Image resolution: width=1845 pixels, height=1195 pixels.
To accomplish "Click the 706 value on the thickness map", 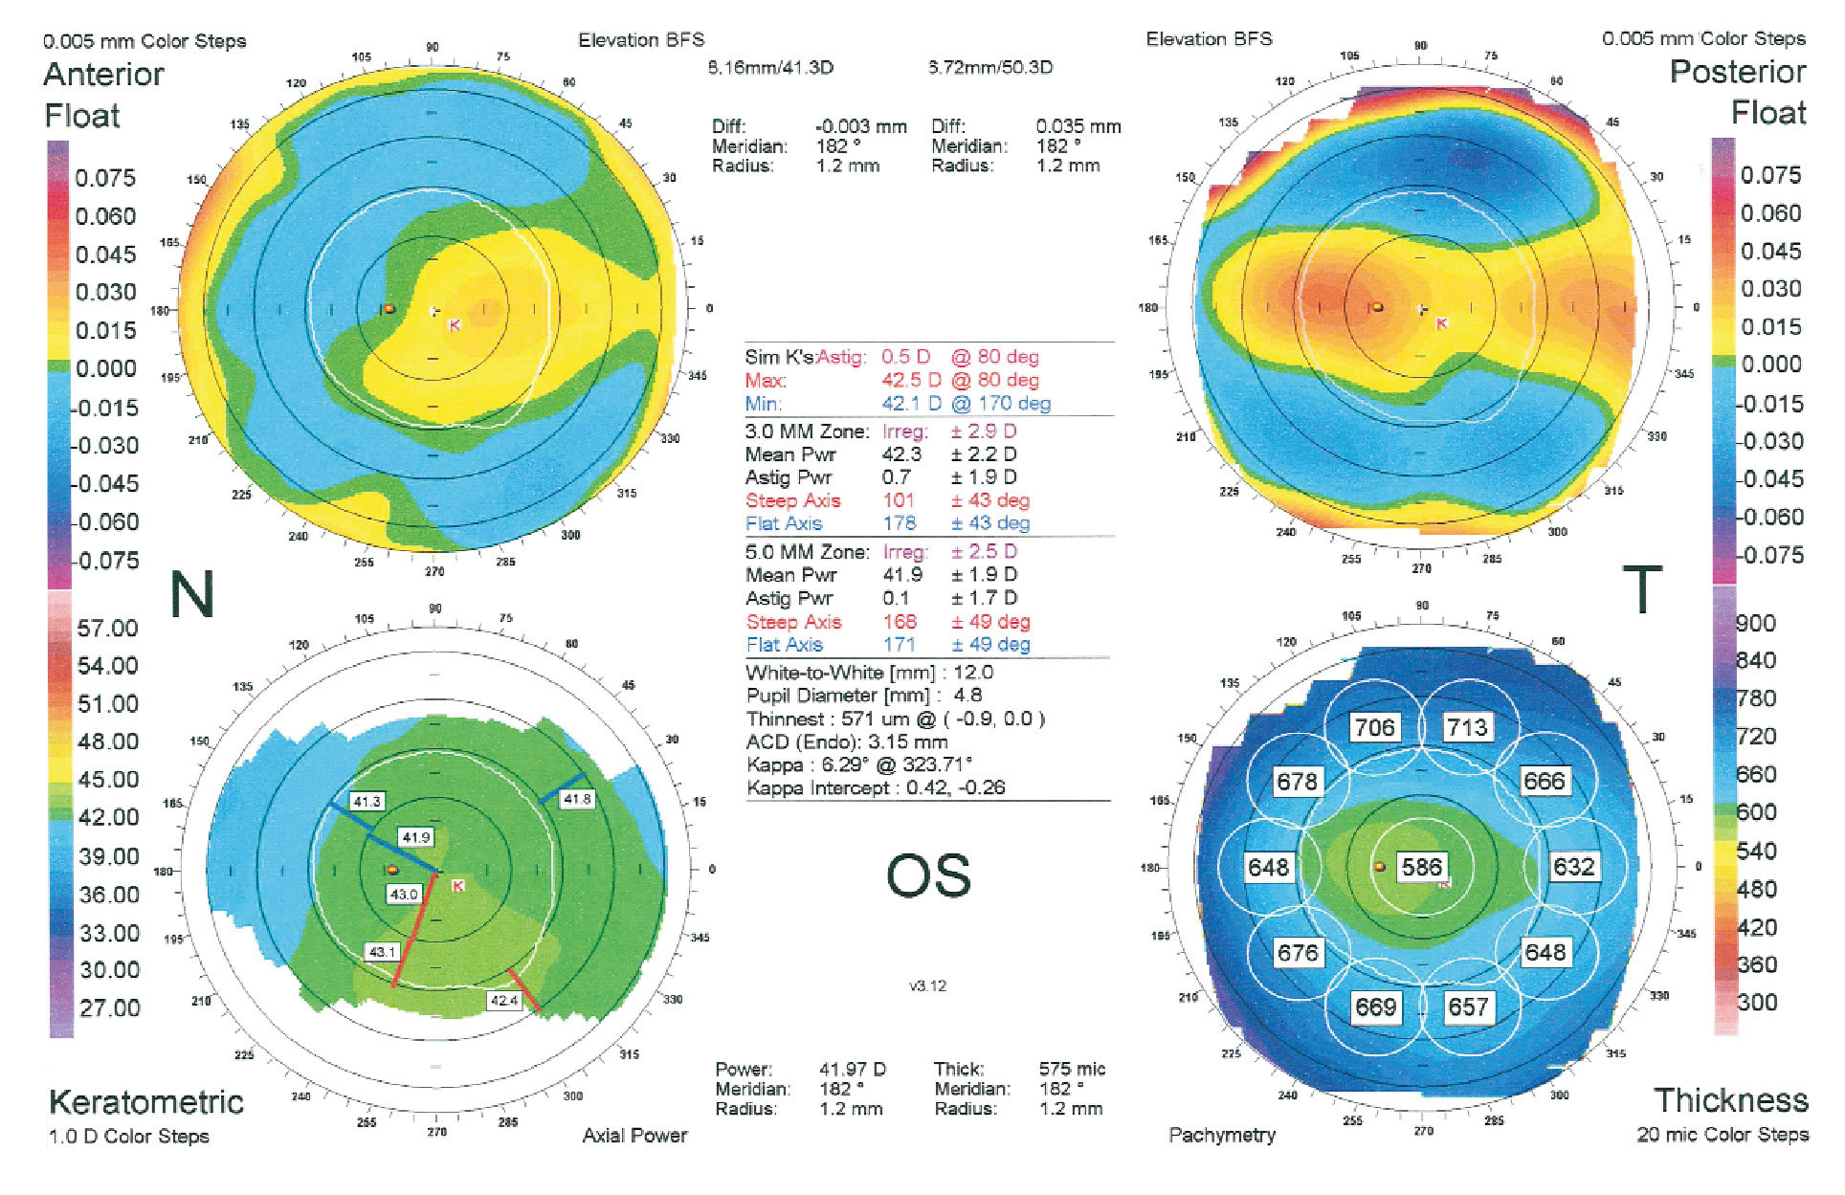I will (x=1374, y=727).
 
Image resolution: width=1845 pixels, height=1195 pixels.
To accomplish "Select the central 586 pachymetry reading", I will (x=1421, y=867).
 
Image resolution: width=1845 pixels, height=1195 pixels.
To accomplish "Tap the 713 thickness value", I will (x=1467, y=727).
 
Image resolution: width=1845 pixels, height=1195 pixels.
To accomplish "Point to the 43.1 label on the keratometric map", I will (x=382, y=952).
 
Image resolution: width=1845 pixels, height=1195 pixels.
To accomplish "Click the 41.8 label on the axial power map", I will (x=577, y=799).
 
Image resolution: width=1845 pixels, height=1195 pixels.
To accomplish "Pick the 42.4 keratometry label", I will (x=503, y=1001).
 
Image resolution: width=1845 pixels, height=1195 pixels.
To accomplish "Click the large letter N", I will (x=191, y=594).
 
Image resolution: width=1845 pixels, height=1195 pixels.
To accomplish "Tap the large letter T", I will (x=1642, y=589).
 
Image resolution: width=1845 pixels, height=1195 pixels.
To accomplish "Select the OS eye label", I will (x=928, y=875).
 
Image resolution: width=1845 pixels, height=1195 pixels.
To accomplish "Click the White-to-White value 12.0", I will (x=973, y=673).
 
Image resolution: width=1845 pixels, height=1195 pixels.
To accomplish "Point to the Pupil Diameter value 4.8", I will (x=967, y=696).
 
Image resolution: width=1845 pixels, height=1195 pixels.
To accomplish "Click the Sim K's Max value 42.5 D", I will (x=911, y=380).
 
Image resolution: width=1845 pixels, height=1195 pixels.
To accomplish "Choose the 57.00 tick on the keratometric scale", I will (x=107, y=628).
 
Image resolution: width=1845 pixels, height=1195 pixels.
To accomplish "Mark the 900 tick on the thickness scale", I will (x=1756, y=623).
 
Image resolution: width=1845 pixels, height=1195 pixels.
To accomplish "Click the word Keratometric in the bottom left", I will (x=146, y=1101).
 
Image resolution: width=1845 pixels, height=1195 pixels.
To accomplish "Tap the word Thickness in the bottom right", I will (x=1730, y=1099).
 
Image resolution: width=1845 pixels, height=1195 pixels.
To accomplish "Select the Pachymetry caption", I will (x=1222, y=1135).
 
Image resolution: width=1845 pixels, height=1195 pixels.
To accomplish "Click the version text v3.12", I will (x=927, y=985).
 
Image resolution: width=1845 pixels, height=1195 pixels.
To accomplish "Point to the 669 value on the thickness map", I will (x=1375, y=1007).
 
